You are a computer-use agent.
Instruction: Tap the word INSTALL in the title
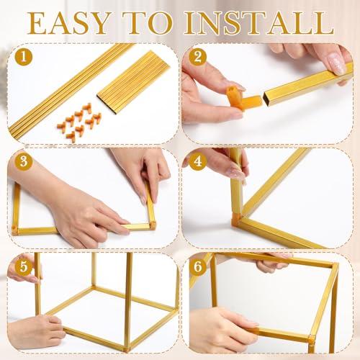(x=259, y=23)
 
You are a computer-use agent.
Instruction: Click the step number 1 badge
(x=24, y=57)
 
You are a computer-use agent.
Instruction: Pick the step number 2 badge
(x=197, y=57)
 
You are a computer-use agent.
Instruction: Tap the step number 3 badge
(x=24, y=161)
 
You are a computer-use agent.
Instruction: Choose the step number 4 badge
(x=197, y=161)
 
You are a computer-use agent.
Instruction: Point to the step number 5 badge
(x=24, y=266)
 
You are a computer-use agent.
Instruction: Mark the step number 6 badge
(x=197, y=266)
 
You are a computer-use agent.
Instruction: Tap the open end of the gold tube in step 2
(x=267, y=98)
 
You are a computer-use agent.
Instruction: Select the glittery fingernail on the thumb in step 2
(x=335, y=63)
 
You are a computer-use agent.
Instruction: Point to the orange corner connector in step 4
(x=236, y=219)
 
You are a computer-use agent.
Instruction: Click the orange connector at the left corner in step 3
(x=15, y=230)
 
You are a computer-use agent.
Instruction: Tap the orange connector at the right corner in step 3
(x=152, y=225)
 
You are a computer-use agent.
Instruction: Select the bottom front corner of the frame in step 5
(x=127, y=348)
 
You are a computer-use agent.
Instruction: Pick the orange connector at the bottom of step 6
(x=311, y=339)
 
